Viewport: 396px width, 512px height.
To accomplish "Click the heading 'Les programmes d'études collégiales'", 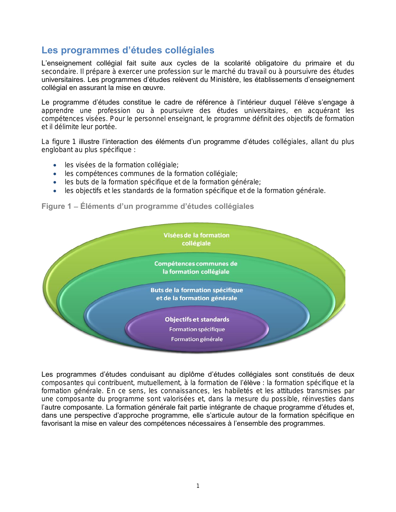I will point(128,50).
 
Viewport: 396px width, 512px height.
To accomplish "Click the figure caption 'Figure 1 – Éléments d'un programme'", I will point(148,206).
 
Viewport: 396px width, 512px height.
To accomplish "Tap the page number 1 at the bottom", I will point(198,486).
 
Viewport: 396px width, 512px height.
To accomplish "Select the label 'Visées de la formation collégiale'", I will point(196,239).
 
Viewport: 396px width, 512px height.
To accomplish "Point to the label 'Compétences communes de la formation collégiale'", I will point(196,267).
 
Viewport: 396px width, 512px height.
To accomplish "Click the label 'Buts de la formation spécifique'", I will point(197,290).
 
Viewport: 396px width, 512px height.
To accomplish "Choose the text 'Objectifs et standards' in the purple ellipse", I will point(197,319).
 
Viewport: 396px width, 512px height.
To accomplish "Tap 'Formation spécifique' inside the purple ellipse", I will point(197,329).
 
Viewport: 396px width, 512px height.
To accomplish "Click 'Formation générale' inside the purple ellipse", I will point(197,339).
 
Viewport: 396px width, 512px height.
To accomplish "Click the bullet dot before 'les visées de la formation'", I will point(55,165).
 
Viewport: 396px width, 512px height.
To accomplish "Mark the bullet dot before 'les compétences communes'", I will point(55,174).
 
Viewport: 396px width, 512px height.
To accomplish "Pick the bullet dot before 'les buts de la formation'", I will point(55,182).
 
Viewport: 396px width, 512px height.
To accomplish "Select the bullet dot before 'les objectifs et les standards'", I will point(55,191).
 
